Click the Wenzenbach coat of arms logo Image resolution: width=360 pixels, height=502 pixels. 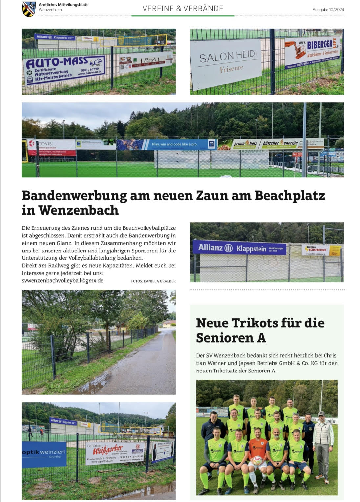click(x=29, y=9)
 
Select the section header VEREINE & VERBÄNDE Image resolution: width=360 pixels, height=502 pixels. click(x=183, y=9)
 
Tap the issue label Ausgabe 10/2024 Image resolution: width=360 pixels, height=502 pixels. click(x=328, y=10)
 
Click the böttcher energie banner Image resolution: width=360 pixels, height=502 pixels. click(x=280, y=143)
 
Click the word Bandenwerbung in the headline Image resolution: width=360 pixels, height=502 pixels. click(x=74, y=195)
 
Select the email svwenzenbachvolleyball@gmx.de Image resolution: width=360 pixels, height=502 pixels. click(x=63, y=280)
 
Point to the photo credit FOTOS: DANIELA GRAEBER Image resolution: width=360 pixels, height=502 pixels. click(x=153, y=281)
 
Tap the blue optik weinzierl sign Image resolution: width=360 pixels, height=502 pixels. click(x=44, y=454)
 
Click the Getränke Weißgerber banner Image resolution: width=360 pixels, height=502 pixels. click(x=115, y=454)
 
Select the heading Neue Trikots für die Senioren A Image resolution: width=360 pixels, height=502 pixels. click(x=260, y=330)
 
